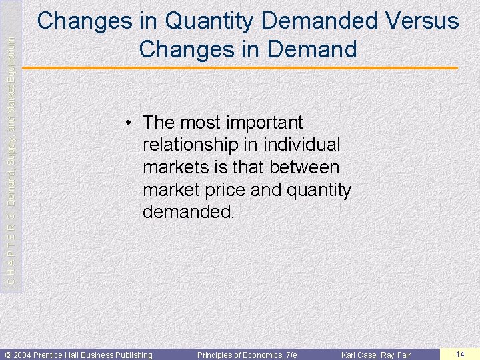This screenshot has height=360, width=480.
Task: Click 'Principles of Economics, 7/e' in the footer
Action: coord(247,355)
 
